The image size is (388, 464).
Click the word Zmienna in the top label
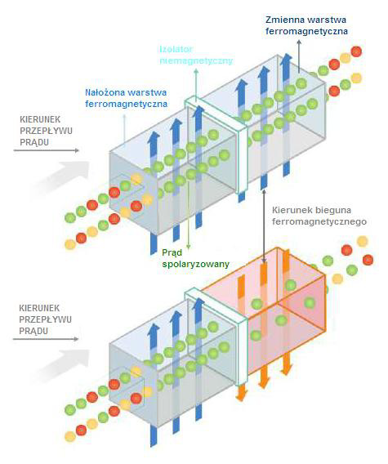(x=285, y=20)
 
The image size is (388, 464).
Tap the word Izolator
(x=176, y=49)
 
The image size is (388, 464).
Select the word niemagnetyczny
(x=196, y=60)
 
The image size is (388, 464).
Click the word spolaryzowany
(x=195, y=264)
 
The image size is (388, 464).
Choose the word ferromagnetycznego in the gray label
(x=319, y=222)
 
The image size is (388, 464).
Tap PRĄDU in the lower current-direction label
(x=33, y=331)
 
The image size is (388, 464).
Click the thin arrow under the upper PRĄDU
(x=47, y=150)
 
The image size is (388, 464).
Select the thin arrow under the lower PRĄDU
(x=46, y=339)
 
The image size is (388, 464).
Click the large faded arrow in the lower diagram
(x=62, y=364)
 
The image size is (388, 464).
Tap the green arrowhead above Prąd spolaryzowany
(x=188, y=246)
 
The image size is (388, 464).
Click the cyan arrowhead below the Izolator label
(x=195, y=71)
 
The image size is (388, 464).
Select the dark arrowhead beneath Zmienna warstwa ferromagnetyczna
(x=299, y=42)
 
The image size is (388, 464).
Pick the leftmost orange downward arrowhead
(x=242, y=395)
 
